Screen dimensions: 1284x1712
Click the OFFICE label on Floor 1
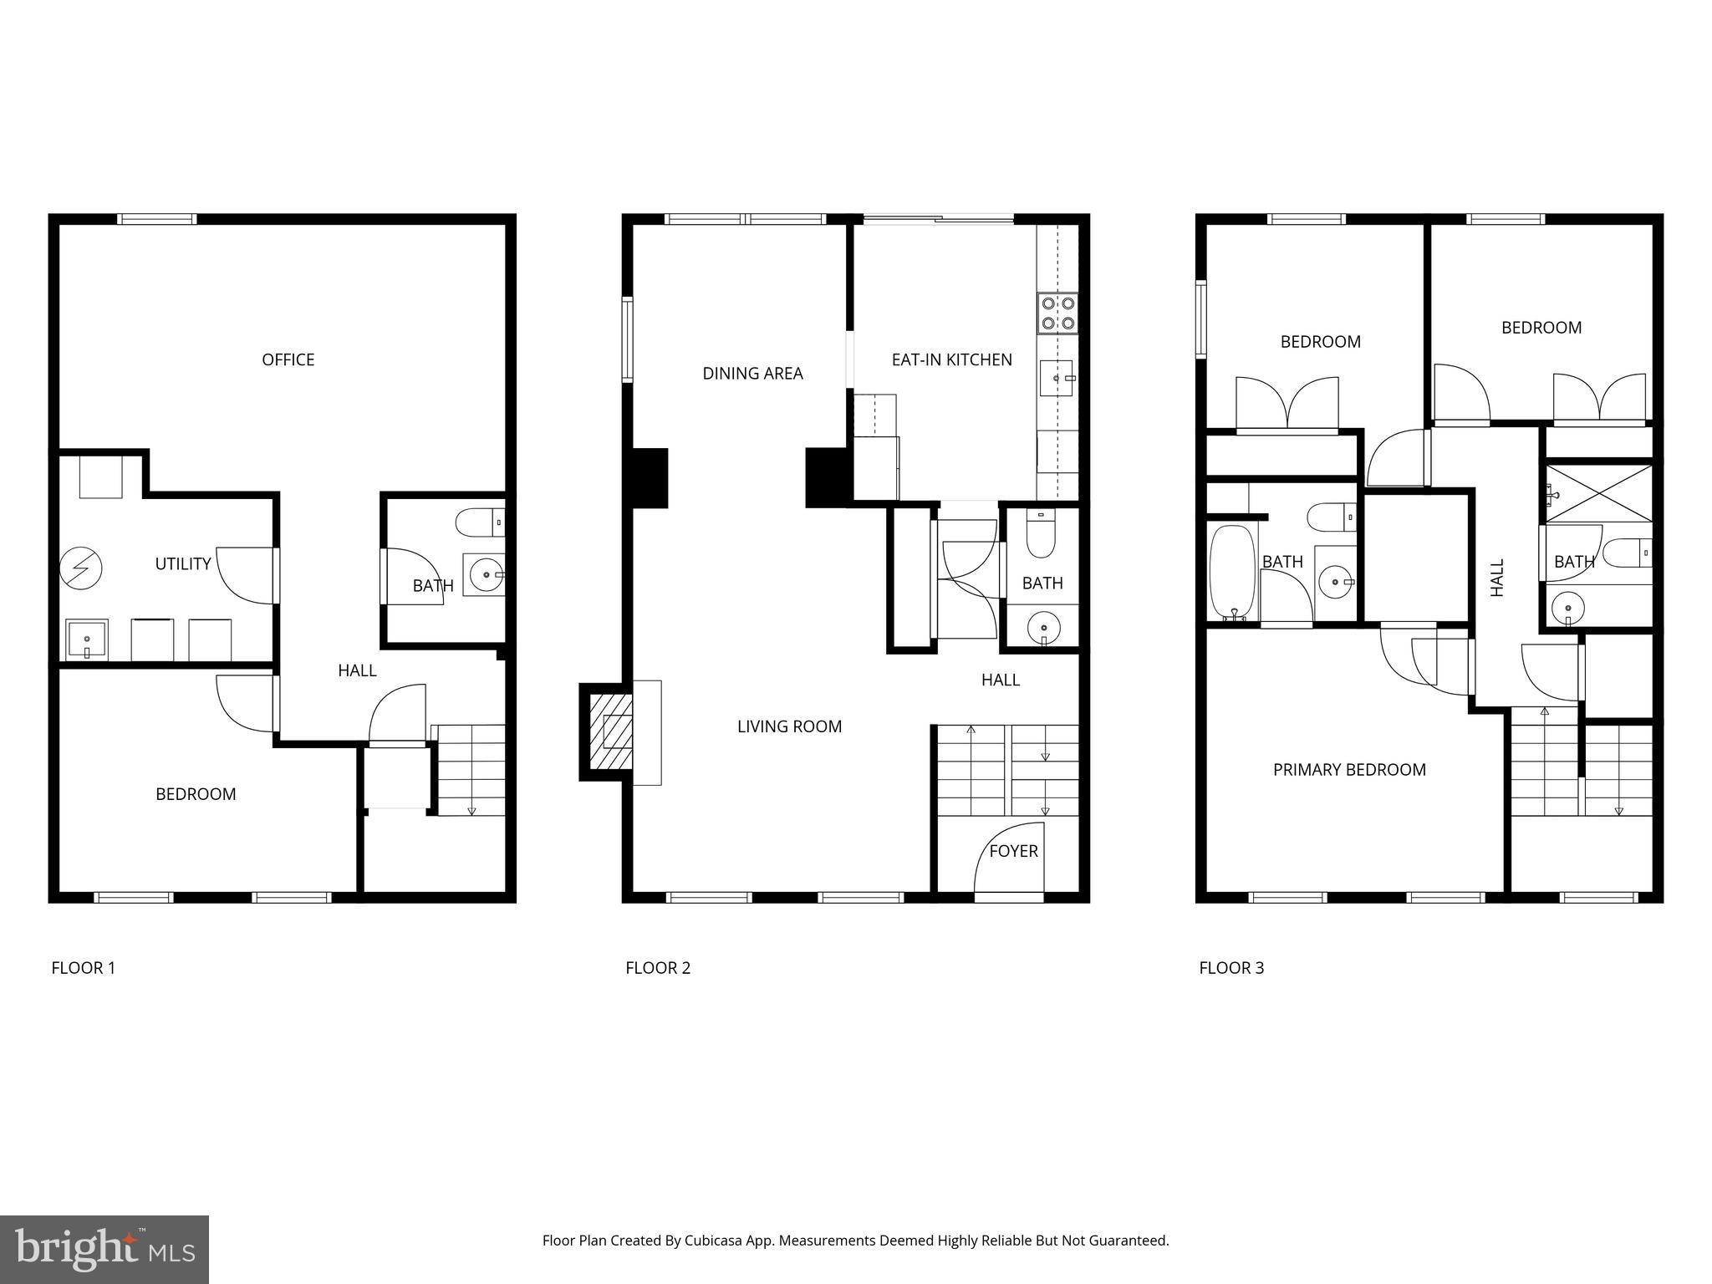pyautogui.click(x=288, y=359)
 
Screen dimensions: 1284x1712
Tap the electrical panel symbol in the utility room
pyautogui.click(x=81, y=569)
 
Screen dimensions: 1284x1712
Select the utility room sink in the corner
pyautogui.click(x=87, y=640)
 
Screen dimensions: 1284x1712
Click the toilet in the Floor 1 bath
pyautogui.click(x=480, y=523)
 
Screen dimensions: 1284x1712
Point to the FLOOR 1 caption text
pyautogui.click(x=83, y=968)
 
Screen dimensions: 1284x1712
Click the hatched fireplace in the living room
pyautogui.click(x=611, y=732)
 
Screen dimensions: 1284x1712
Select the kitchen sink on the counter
pyautogui.click(x=1057, y=379)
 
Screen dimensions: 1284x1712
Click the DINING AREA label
pyautogui.click(x=752, y=374)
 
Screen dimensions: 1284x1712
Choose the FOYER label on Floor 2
pyautogui.click(x=1013, y=851)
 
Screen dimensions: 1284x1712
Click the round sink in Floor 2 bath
pyautogui.click(x=1043, y=626)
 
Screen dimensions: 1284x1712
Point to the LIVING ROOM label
pyautogui.click(x=789, y=726)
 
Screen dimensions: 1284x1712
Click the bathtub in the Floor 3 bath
pyautogui.click(x=1232, y=572)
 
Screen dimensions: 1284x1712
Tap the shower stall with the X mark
pyautogui.click(x=1598, y=493)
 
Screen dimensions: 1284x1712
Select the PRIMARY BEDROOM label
pyautogui.click(x=1349, y=770)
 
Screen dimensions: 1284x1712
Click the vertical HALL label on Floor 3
pyautogui.click(x=1497, y=578)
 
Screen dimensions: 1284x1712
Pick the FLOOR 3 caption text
pyautogui.click(x=1231, y=968)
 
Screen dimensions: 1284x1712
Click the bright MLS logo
pyautogui.click(x=104, y=1249)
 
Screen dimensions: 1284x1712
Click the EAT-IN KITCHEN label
pyautogui.click(x=951, y=359)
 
